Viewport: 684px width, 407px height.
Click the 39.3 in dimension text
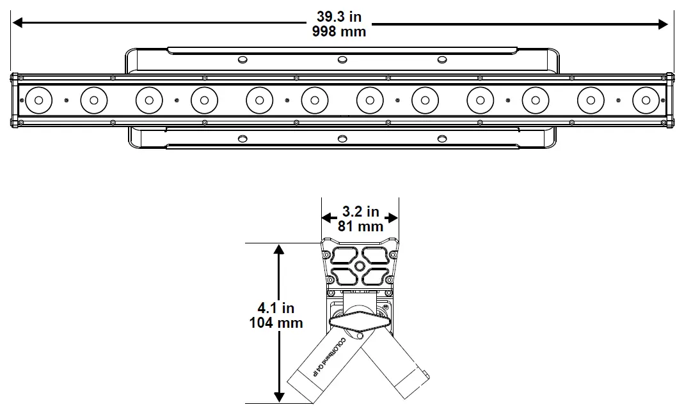[x=340, y=17]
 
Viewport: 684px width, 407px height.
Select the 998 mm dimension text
[x=340, y=31]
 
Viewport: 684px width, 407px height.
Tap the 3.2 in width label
[x=360, y=211]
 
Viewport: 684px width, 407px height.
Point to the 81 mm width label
[x=360, y=226]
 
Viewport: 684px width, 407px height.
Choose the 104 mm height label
[x=275, y=323]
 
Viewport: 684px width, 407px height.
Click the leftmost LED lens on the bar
[x=38, y=100]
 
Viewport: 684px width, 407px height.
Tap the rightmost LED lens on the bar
[x=645, y=100]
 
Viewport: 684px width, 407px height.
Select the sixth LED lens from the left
[x=314, y=100]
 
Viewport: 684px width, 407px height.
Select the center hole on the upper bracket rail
[x=342, y=59]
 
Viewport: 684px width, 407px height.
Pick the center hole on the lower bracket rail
[x=342, y=139]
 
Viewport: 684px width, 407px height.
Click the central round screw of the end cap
[x=360, y=266]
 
